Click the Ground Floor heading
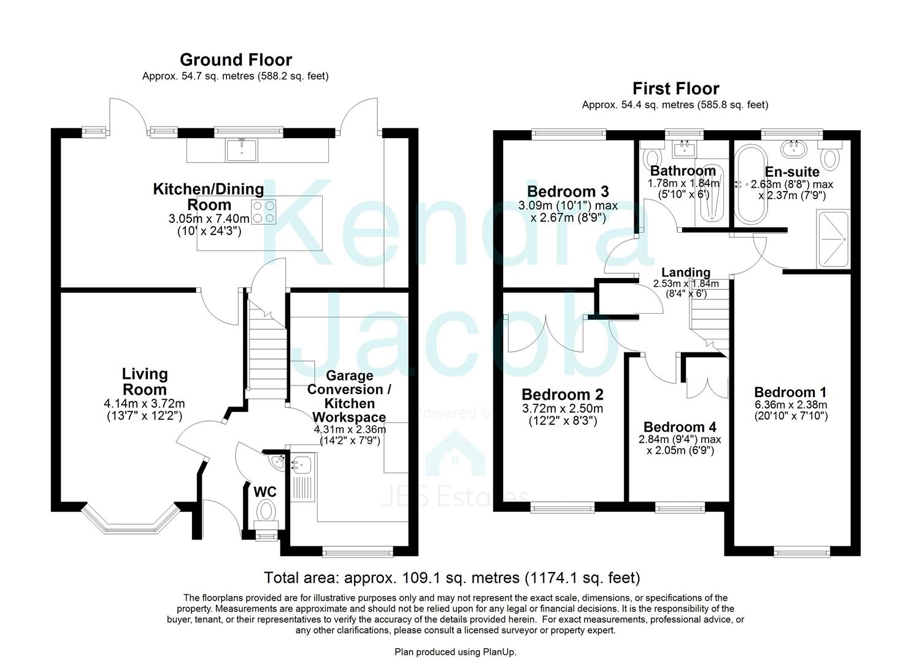[x=236, y=60]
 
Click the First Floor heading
[x=675, y=88]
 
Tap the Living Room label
[x=145, y=381]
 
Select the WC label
[x=265, y=492]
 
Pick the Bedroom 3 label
[x=567, y=191]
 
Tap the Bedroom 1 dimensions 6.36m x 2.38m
[x=790, y=405]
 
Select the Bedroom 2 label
[x=562, y=394]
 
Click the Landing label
[x=685, y=273]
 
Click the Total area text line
[x=452, y=578]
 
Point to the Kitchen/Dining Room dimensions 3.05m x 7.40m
[x=209, y=219]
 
